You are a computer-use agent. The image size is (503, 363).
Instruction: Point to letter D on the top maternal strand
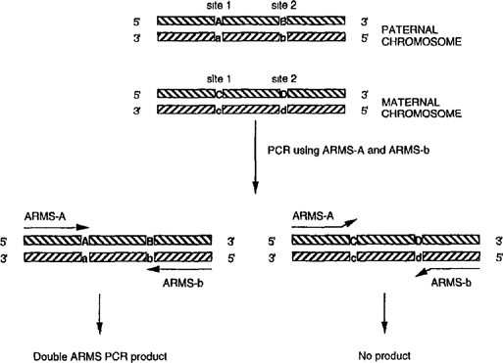[283, 93]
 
